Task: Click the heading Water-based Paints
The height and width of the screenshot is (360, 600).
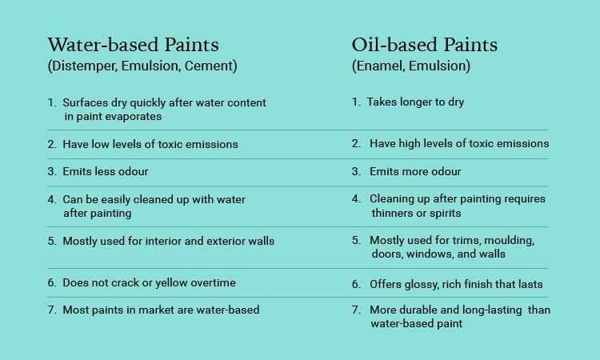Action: pos(133,45)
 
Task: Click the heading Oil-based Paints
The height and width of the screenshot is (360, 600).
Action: pos(424,45)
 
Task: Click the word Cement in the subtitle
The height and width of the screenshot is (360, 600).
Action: pos(209,66)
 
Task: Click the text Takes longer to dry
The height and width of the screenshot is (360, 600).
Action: pos(415,102)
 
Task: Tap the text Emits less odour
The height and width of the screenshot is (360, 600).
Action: pos(106,171)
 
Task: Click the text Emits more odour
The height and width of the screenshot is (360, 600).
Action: pos(415,171)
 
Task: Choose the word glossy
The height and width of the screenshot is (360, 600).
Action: pos(403,285)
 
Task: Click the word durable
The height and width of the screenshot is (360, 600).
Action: pos(417,310)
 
